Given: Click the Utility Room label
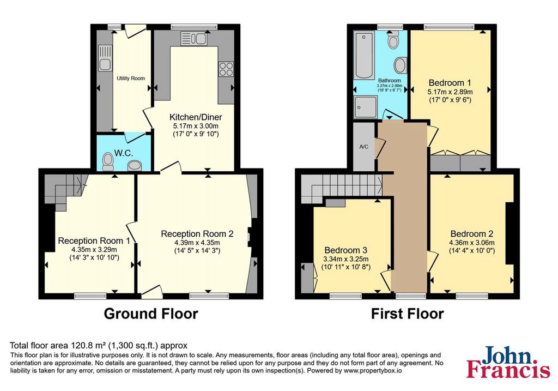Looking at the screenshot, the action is (x=131, y=79).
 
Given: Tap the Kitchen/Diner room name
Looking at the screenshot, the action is (x=196, y=117).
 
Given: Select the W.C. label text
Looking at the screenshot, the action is (x=124, y=153).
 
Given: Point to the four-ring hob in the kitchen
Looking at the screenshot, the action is (x=226, y=69).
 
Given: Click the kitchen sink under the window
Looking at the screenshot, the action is (x=193, y=39).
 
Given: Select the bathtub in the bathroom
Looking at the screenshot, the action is (x=364, y=55).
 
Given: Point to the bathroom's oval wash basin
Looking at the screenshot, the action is (x=401, y=65).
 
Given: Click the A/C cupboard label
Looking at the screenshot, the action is (x=363, y=147).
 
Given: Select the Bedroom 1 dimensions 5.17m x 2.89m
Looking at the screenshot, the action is (x=450, y=92).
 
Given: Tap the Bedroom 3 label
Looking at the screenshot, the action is (x=345, y=250).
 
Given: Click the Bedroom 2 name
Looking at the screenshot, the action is (x=471, y=234).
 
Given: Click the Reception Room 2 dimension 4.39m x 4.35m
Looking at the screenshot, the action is (x=197, y=243).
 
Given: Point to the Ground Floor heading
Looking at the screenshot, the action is (x=151, y=314).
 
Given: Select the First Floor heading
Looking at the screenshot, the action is (x=407, y=314).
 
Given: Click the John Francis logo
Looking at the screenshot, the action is (x=508, y=362).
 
